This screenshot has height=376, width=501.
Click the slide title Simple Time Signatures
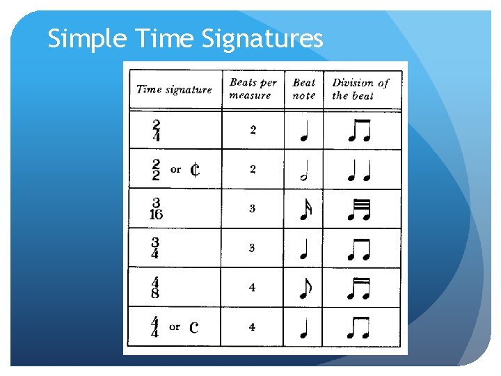pyautogui.click(x=185, y=39)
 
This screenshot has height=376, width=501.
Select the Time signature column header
pyautogui.click(x=174, y=89)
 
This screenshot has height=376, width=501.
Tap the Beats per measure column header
pyautogui.click(x=253, y=88)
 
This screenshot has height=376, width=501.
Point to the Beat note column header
pyautogui.click(x=304, y=88)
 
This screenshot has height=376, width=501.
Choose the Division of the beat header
pyautogui.click(x=360, y=88)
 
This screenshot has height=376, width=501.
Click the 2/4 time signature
pyautogui.click(x=156, y=130)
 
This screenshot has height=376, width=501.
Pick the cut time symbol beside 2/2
pyautogui.click(x=195, y=169)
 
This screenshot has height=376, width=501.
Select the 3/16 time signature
pyautogui.click(x=156, y=208)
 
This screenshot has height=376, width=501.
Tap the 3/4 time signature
pyautogui.click(x=156, y=248)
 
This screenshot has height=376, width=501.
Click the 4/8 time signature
pyautogui.click(x=155, y=288)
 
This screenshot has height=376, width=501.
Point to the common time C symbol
pyautogui.click(x=194, y=327)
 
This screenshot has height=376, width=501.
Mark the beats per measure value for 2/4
pyautogui.click(x=253, y=130)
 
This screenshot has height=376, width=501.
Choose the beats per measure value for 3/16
pyautogui.click(x=253, y=208)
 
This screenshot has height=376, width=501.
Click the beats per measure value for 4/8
pyautogui.click(x=252, y=288)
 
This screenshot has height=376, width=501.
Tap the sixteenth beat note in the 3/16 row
pyautogui.click(x=304, y=210)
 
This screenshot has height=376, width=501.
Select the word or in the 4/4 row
pyautogui.click(x=175, y=327)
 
